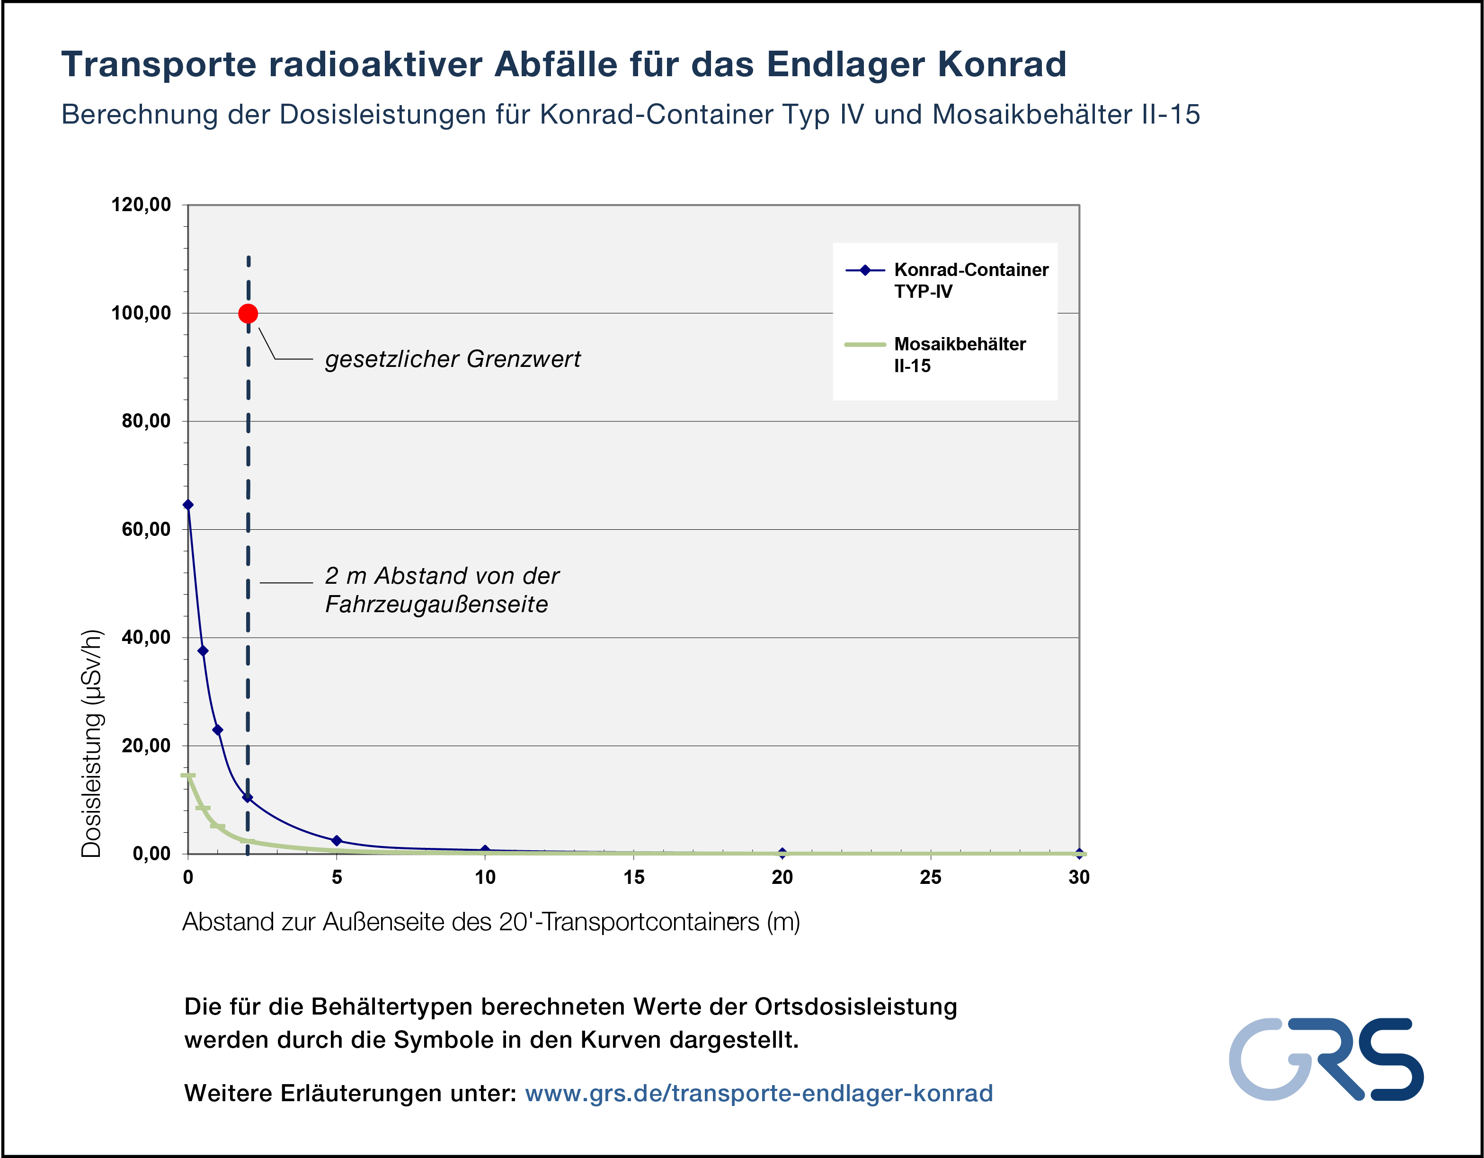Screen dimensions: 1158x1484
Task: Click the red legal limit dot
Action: pos(248,313)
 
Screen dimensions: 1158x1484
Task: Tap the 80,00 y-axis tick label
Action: pos(146,421)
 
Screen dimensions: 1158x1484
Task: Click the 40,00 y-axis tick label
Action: pos(146,637)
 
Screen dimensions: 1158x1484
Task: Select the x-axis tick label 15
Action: pos(633,877)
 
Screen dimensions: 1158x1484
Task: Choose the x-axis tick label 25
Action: pos(930,877)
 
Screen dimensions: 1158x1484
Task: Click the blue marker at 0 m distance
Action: pos(188,505)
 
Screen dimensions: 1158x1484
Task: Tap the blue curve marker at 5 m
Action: pos(337,841)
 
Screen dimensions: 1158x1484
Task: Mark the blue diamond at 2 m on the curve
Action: pos(247,798)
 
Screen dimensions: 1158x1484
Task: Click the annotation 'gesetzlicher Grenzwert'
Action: pos(453,359)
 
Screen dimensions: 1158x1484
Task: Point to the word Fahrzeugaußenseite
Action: pos(436,604)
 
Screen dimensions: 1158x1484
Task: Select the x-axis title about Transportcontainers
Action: pos(490,922)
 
